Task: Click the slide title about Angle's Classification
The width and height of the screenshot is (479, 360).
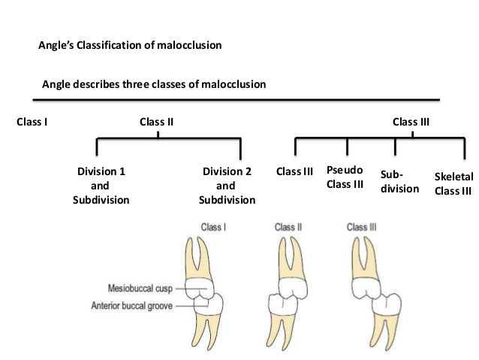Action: (x=130, y=46)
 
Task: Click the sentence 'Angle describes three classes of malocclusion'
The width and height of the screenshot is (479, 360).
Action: (x=153, y=86)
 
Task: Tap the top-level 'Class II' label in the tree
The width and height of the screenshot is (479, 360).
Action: (x=157, y=120)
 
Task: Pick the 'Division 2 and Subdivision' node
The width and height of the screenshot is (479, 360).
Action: (x=227, y=186)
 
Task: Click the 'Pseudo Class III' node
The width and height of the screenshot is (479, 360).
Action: (x=345, y=178)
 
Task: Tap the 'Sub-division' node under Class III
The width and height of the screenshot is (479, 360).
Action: (x=399, y=181)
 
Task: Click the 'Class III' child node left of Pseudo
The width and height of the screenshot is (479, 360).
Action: (x=294, y=172)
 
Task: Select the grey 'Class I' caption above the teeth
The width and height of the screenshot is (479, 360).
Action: (x=214, y=225)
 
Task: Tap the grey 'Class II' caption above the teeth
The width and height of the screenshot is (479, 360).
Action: (x=288, y=225)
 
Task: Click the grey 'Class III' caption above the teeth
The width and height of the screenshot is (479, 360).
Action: (x=362, y=225)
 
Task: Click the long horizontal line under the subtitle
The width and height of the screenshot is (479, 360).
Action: (x=239, y=99)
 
